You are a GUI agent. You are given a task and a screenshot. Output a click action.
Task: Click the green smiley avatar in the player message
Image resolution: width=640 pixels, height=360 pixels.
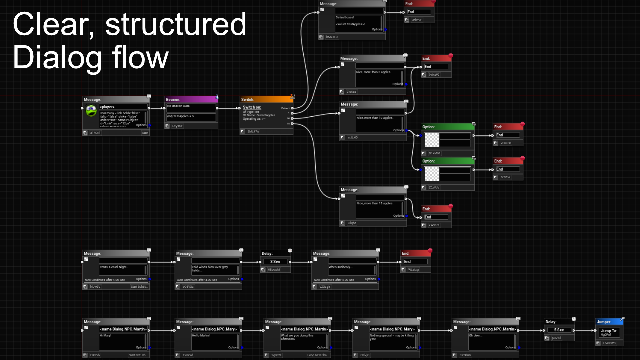point(91,110)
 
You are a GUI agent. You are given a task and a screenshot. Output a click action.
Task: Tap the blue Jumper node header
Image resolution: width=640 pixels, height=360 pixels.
point(608,322)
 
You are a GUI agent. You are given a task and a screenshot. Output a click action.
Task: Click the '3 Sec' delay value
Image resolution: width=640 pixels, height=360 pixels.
point(275,262)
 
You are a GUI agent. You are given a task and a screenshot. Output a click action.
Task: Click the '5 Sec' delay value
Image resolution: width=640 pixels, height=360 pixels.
point(559,330)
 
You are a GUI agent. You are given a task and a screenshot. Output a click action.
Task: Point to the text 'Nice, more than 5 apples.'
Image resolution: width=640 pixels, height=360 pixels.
point(373,72)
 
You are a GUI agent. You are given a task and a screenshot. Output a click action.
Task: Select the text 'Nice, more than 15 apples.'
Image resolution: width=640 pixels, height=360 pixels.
point(375,203)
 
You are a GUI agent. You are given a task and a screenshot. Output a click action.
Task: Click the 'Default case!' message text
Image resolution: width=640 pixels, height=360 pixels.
point(345,17)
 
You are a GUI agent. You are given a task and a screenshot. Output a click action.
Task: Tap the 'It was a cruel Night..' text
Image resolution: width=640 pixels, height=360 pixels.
point(114,267)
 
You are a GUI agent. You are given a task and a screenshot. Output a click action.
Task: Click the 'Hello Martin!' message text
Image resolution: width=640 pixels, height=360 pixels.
point(201,335)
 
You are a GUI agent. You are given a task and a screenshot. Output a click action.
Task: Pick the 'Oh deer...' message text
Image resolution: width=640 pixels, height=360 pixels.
point(475,335)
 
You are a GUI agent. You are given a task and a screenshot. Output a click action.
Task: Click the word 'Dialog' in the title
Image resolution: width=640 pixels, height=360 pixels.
point(57,58)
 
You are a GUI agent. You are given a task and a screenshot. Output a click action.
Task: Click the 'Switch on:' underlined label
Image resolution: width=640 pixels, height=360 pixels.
point(252,107)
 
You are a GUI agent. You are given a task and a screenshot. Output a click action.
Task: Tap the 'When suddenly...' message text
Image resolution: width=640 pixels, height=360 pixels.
point(340,267)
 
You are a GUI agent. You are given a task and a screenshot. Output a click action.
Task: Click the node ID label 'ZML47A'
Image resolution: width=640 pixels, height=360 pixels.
point(253,132)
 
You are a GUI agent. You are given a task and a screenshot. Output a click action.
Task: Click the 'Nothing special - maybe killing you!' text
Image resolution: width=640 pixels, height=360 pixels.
point(391,337)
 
